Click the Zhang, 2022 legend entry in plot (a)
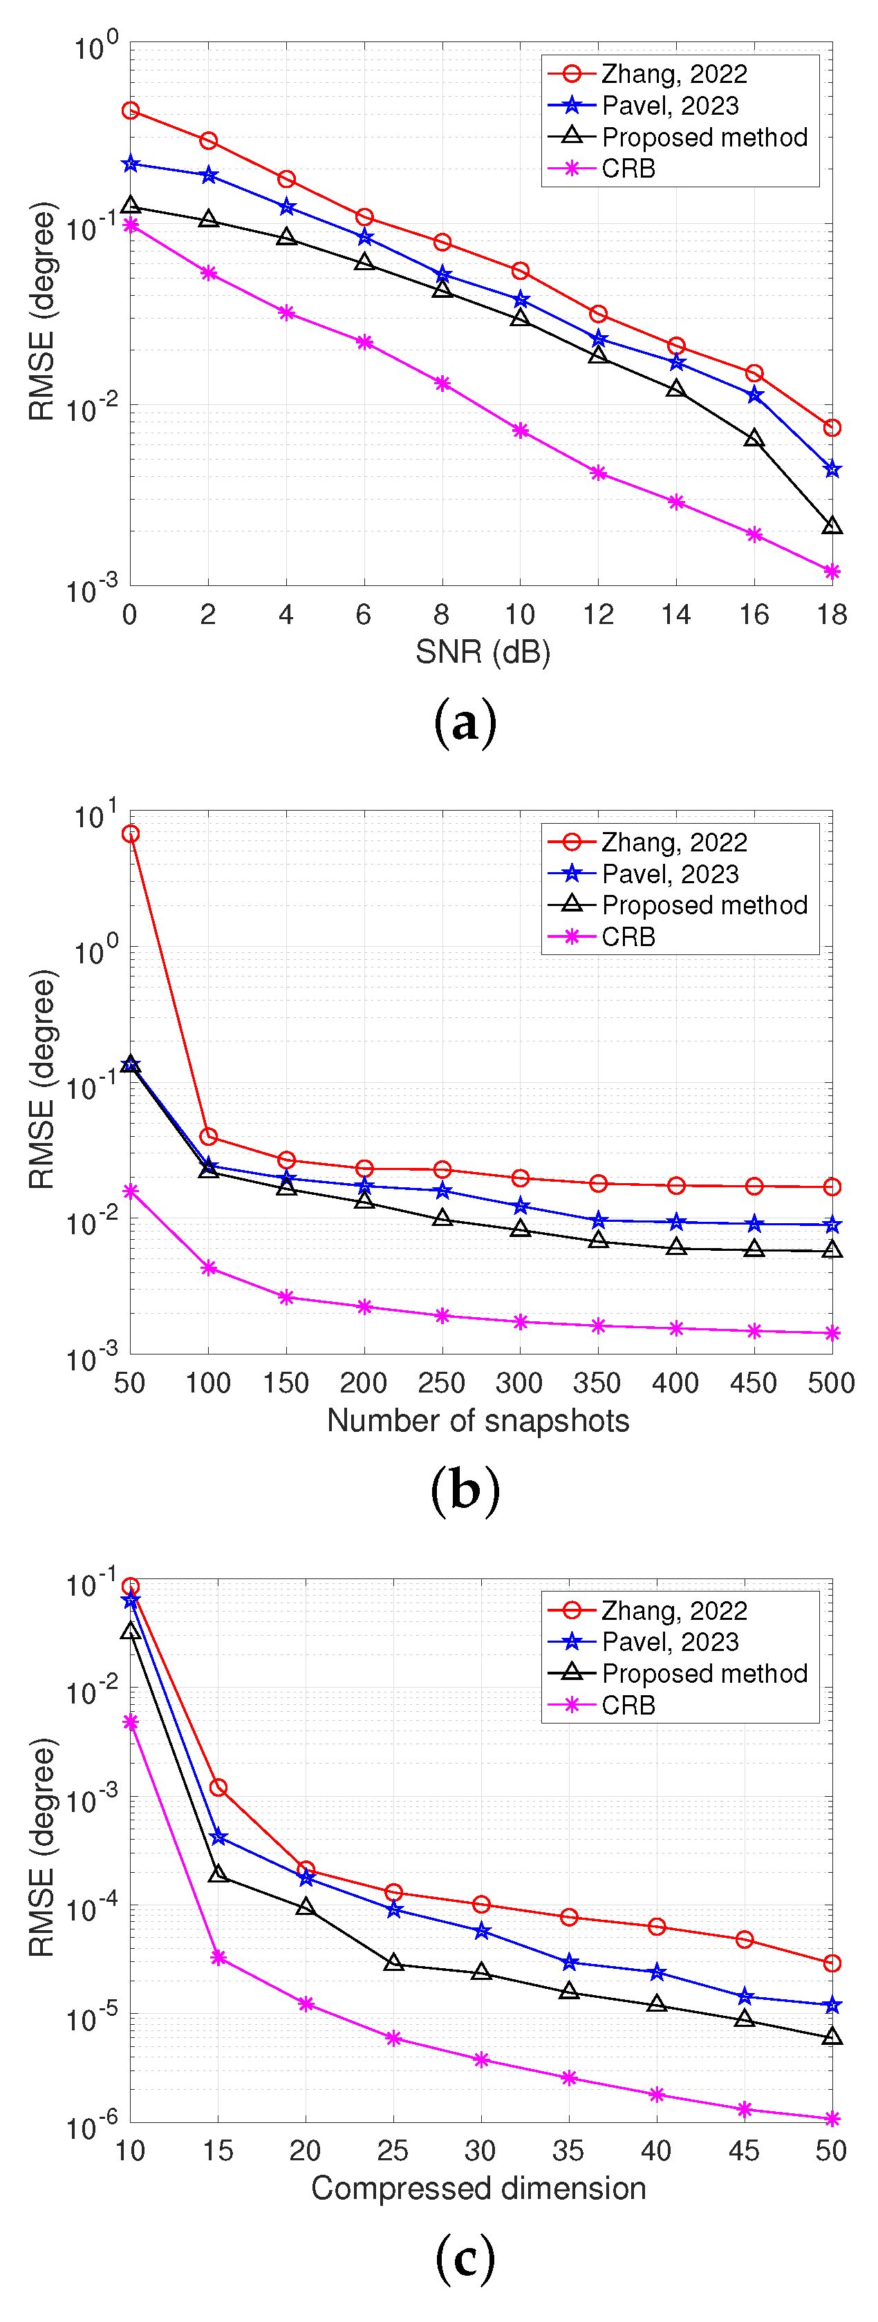click(x=673, y=74)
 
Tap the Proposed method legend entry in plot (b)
click(x=703, y=905)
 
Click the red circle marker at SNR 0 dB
click(x=131, y=111)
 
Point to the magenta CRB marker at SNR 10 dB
click(x=520, y=431)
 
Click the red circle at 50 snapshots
click(x=131, y=834)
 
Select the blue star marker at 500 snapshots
click(x=831, y=1225)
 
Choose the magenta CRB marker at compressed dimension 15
click(x=218, y=1957)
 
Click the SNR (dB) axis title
click(x=483, y=652)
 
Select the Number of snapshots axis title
click(x=478, y=1421)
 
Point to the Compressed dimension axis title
click(x=478, y=2189)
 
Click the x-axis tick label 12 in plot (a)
click(x=597, y=615)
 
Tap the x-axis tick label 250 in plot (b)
click(x=442, y=1383)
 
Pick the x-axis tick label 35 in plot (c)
click(x=568, y=2151)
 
